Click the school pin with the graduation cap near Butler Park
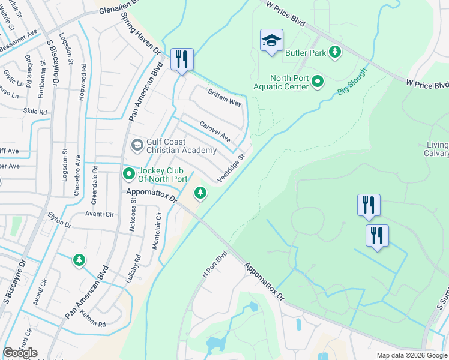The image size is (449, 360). tap(271, 41)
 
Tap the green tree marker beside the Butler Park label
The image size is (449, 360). tap(336, 53)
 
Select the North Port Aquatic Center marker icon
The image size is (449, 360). tap(318, 80)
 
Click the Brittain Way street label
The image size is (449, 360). tap(224, 98)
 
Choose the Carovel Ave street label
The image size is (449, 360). tap(215, 132)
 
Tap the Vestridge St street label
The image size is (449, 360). tap(231, 169)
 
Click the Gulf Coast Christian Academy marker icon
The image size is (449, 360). tap(137, 145)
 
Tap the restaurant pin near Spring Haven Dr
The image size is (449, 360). tap(182, 59)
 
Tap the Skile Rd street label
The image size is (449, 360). tap(35, 112)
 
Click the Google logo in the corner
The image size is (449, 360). tap(20, 353)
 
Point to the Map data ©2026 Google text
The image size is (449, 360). tap(411, 355)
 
